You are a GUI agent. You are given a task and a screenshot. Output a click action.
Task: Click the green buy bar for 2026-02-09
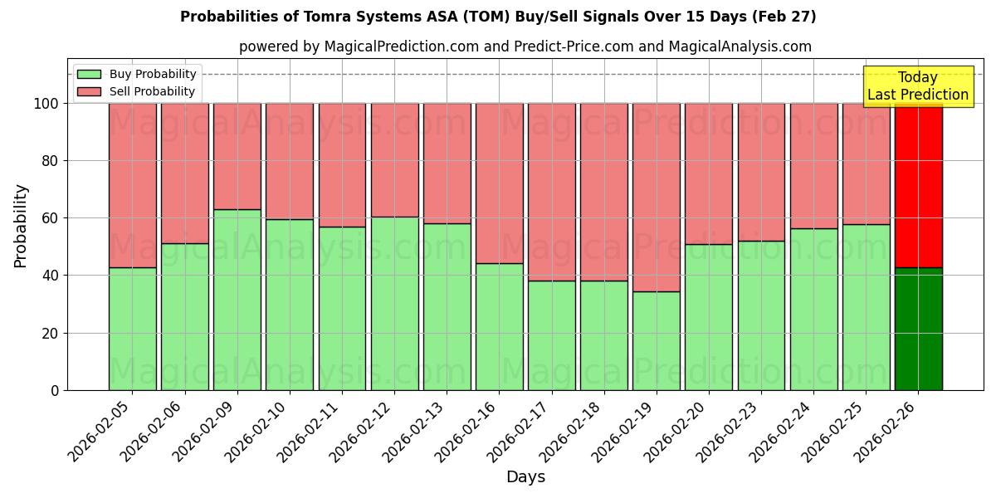point(237,300)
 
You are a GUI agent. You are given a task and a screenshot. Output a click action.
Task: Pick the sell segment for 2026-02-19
point(656,198)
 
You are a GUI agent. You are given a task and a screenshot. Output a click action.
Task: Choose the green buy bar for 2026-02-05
point(133,329)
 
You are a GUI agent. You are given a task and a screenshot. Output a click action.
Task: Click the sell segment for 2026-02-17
point(551,192)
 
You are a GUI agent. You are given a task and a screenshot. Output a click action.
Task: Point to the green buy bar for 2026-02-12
point(395,303)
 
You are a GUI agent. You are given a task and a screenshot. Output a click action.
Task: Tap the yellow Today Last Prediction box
point(917,86)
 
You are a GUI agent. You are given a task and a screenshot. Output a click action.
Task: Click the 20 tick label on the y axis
point(51,333)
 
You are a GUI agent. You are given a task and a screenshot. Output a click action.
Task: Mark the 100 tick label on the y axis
point(47,104)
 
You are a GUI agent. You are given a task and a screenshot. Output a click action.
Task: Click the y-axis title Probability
point(21,226)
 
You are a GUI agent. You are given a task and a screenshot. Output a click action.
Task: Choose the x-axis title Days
point(525,477)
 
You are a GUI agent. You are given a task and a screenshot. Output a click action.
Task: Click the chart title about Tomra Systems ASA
point(498,17)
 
